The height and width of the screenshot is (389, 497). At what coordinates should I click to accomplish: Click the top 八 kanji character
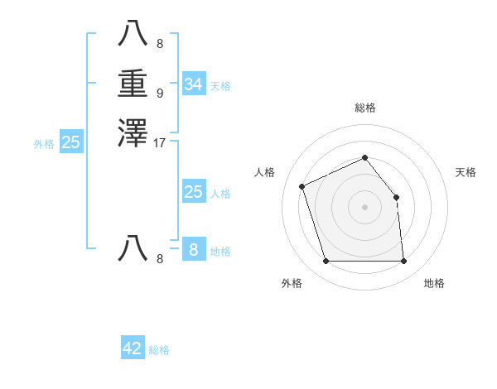133,34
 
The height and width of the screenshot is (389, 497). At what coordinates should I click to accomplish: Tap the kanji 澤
133,132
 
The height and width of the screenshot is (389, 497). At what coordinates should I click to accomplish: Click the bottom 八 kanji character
133,248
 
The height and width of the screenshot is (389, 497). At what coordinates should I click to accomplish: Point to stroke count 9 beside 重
160,93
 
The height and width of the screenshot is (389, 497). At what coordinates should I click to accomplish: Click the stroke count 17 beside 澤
160,142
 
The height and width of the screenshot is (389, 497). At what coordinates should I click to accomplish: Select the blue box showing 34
194,84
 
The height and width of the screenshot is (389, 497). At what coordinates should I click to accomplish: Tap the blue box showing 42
133,348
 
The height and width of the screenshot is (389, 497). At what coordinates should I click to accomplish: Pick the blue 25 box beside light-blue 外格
71,142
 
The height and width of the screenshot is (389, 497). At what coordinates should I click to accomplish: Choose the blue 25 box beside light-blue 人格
194,192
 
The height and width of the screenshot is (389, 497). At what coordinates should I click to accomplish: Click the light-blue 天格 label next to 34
220,86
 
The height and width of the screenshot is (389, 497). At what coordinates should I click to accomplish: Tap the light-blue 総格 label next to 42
159,350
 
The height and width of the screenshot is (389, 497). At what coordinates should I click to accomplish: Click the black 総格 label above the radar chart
365,108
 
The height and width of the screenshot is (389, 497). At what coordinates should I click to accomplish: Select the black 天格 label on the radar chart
466,172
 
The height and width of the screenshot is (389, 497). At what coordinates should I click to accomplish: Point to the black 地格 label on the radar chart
434,283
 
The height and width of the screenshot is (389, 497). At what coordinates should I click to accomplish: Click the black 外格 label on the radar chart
292,283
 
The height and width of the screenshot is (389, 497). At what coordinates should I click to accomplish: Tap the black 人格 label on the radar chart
264,172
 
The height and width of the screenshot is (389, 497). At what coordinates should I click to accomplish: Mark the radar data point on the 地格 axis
403,262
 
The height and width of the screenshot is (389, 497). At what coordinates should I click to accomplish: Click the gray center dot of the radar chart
364,207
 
